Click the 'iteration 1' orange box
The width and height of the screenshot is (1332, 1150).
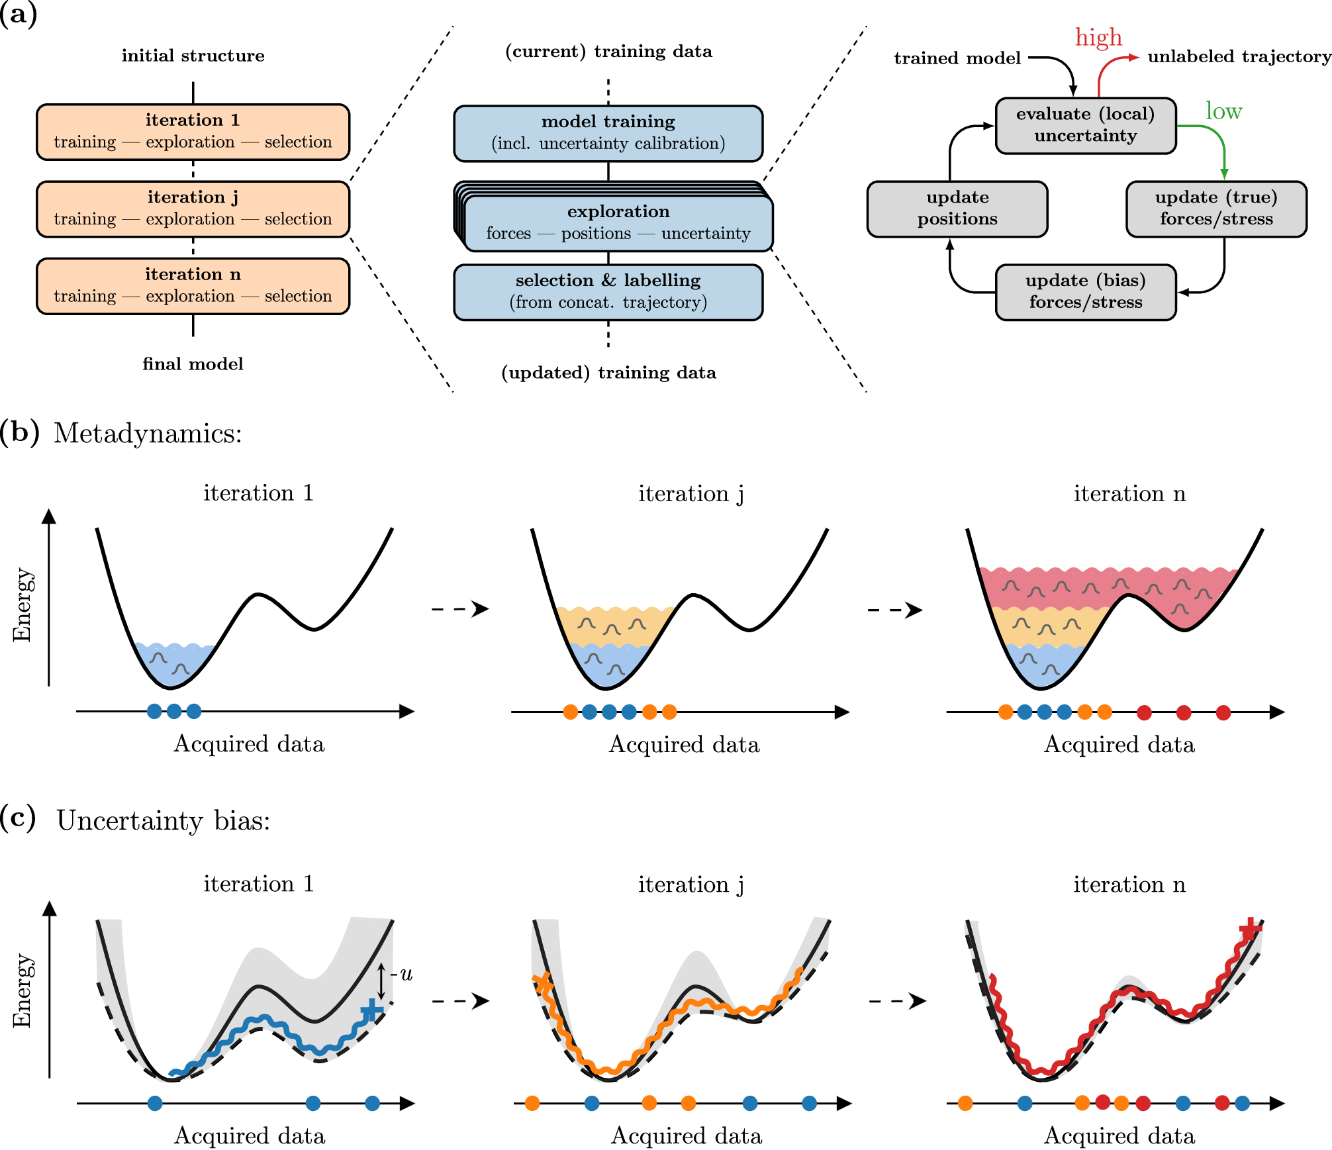click(193, 132)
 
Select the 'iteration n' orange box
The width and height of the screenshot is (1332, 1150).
click(193, 286)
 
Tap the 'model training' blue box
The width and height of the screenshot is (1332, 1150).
click(608, 133)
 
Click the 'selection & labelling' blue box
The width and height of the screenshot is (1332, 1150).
click(608, 292)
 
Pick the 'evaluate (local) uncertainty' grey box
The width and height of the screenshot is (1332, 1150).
click(1085, 125)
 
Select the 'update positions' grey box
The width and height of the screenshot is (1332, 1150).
click(957, 209)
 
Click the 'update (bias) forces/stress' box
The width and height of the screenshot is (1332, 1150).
click(1085, 292)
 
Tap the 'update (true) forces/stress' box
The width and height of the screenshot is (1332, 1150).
click(1215, 209)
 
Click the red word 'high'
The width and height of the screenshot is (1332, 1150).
click(1098, 38)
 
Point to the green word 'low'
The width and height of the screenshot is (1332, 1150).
click(1223, 111)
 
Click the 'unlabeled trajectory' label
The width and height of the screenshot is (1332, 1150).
click(1239, 57)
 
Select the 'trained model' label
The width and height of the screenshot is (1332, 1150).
click(957, 59)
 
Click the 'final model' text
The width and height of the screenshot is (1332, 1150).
click(193, 364)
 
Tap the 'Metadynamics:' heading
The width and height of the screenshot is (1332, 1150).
click(148, 434)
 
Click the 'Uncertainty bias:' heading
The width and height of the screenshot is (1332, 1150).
click(163, 821)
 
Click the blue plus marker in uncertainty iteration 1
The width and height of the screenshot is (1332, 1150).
click(371, 1010)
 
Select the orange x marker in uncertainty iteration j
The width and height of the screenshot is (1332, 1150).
click(543, 982)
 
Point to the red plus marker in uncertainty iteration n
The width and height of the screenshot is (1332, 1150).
click(1250, 930)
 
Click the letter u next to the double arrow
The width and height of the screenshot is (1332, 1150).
click(406, 974)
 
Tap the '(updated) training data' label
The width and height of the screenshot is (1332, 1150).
click(608, 373)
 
